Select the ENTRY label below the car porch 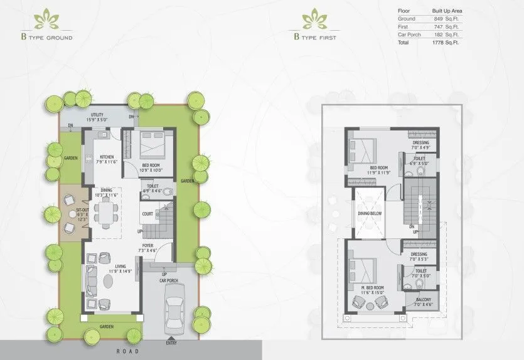[171, 343]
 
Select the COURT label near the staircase [147, 213]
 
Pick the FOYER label [147, 246]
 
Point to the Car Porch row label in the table [410, 34]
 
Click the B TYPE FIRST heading [315, 36]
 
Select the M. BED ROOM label [372, 289]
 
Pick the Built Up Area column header [447, 11]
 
